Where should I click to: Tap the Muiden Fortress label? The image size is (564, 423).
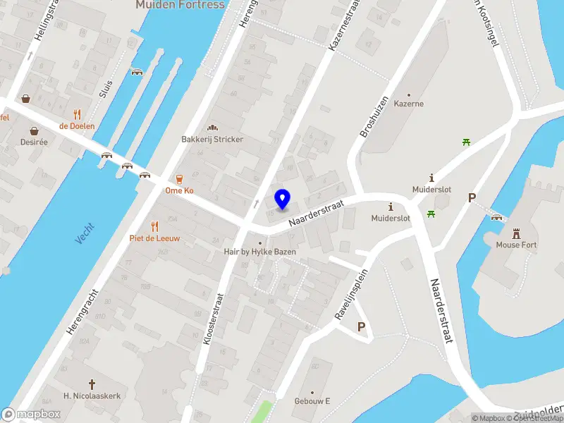point(180,5)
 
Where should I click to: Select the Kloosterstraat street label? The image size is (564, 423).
point(210,319)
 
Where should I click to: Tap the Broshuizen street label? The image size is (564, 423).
point(374,116)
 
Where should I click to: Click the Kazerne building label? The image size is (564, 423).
point(409,104)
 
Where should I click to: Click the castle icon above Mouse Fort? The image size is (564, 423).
point(516,232)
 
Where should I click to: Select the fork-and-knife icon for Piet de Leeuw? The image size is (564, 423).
point(154,226)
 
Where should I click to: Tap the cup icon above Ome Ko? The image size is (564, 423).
point(179,178)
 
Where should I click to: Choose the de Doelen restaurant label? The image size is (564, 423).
point(77,126)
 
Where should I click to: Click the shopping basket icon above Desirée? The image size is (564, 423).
point(33,130)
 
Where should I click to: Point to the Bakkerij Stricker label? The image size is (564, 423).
point(212,140)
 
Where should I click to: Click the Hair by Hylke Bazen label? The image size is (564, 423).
point(260,252)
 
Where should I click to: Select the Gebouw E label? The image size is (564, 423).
point(313,402)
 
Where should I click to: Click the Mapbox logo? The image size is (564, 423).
point(31,415)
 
